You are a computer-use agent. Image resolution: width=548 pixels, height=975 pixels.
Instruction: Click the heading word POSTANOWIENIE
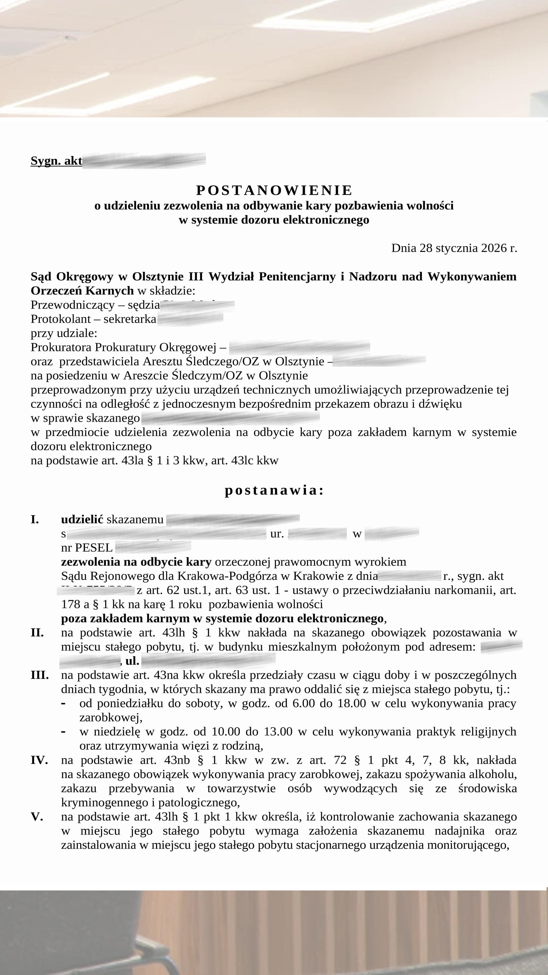point(274,190)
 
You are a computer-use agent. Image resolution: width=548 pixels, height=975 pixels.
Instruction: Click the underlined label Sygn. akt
point(56,161)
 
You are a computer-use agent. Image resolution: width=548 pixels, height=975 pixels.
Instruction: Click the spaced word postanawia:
point(274,490)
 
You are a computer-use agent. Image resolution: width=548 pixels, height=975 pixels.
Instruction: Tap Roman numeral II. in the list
point(37,633)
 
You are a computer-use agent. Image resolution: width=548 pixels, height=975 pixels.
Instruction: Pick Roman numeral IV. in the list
point(39,760)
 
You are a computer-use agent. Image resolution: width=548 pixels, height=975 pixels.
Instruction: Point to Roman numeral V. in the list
point(37,817)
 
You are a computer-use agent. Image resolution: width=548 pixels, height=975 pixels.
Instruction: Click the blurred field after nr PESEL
point(153,547)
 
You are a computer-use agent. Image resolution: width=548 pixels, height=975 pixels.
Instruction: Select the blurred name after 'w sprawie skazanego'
point(230,418)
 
